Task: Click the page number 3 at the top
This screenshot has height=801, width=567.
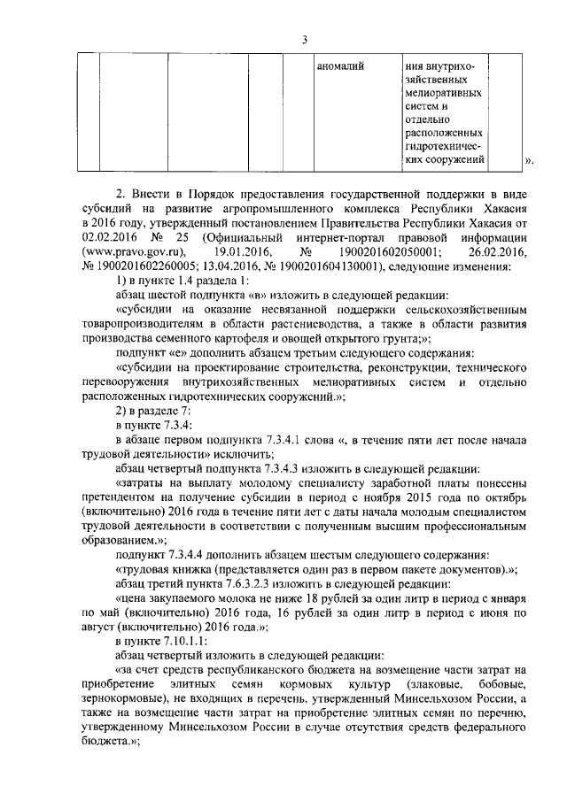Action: [x=304, y=38]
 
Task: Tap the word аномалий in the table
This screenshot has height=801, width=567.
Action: [x=342, y=65]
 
